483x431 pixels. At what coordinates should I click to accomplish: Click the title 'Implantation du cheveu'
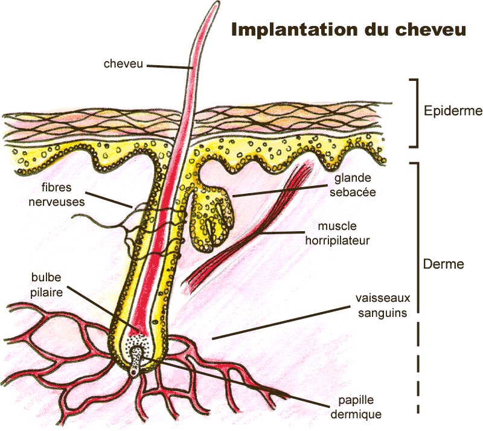pos(349,30)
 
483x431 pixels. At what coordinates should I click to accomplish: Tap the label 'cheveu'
pos(123,63)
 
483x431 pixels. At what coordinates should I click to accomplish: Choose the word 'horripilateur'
pos(344,240)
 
